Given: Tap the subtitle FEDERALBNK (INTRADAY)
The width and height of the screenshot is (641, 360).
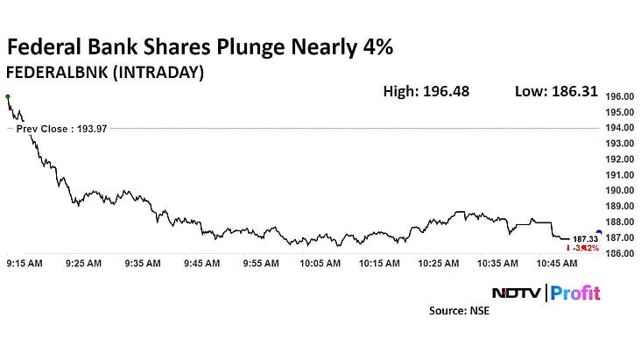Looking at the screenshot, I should (105, 73).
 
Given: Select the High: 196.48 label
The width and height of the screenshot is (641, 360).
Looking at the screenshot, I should (426, 90).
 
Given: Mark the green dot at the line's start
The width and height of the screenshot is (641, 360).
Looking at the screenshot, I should (8, 96).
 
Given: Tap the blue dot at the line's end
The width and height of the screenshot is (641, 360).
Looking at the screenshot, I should (598, 232).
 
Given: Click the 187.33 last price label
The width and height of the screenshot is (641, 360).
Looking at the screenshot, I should (584, 238).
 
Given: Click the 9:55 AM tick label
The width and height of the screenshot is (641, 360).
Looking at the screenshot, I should (261, 263).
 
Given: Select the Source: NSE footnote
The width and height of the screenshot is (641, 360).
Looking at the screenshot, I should (459, 311).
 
